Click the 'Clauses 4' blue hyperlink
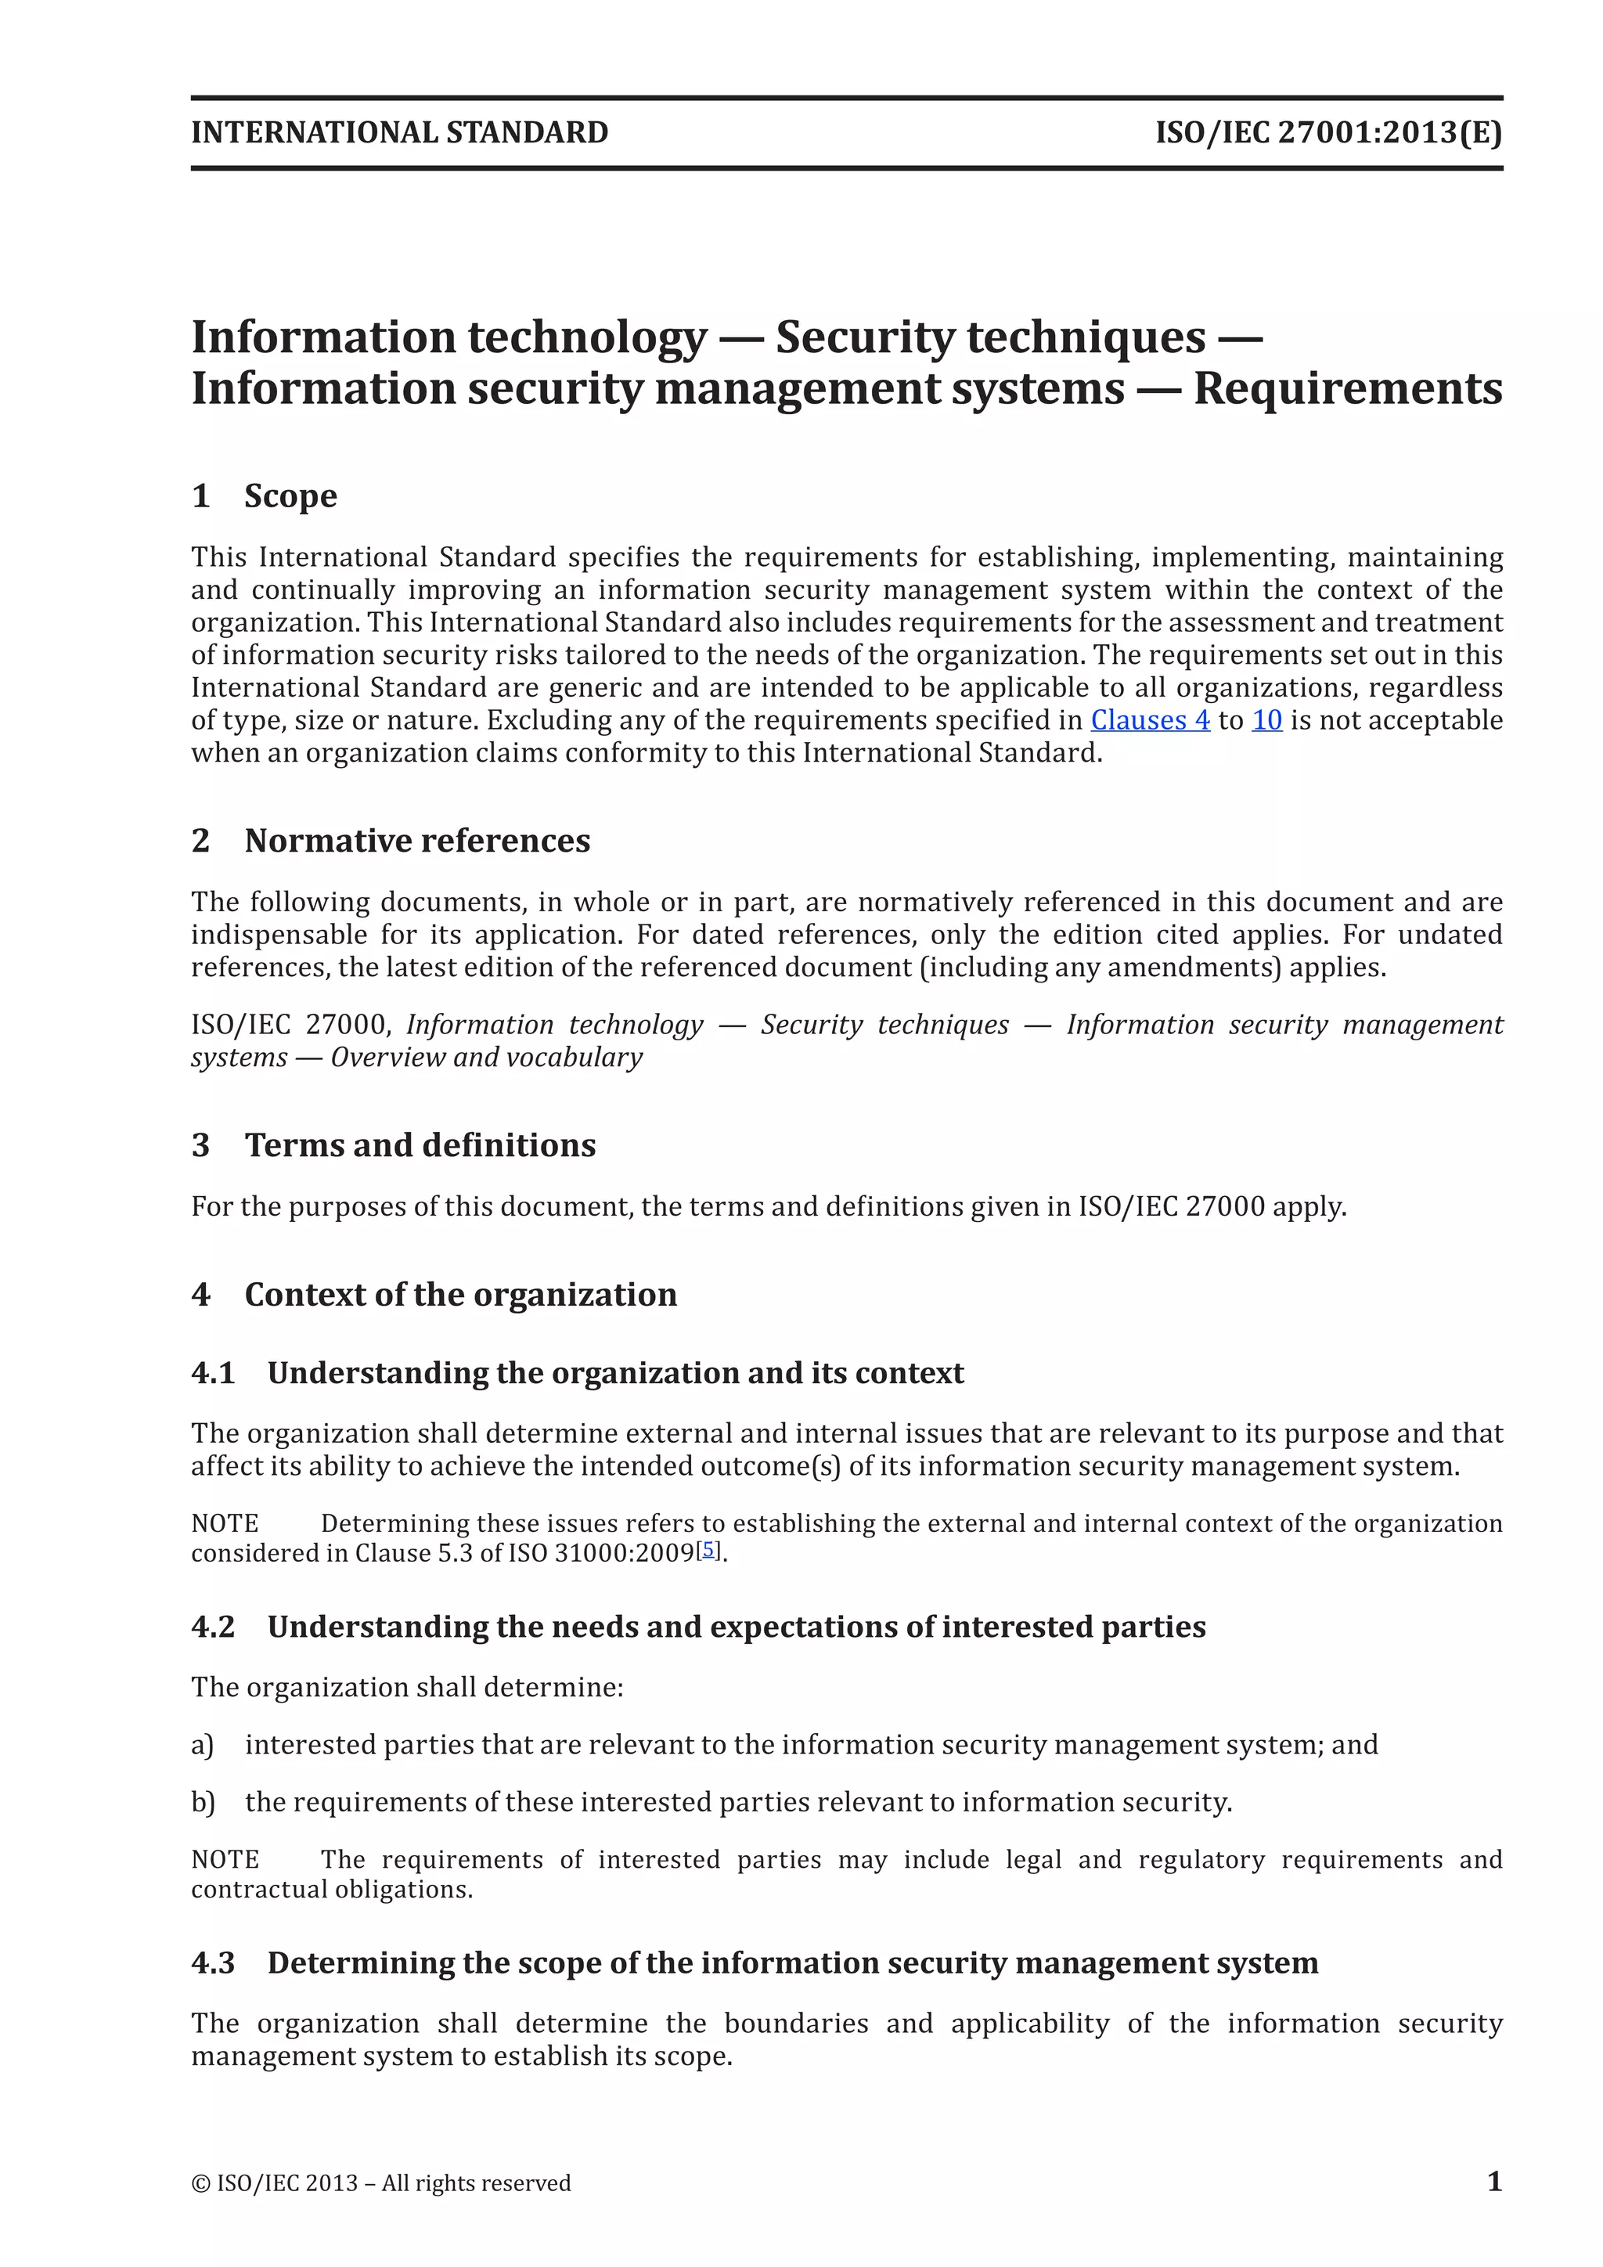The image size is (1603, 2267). tap(1150, 721)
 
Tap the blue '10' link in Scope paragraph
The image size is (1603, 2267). tap(1266, 721)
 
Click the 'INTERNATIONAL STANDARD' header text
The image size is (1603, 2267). tap(400, 132)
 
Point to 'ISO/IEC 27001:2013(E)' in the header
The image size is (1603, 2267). tap(1328, 132)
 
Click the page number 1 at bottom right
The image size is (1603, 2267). tap(1494, 2181)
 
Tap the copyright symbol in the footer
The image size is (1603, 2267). tap(200, 2183)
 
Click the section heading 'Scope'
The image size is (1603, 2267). tap(290, 496)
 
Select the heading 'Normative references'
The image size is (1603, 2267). tap(416, 840)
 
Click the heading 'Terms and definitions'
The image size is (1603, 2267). tap(420, 1145)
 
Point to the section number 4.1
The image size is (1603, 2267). tap(213, 1374)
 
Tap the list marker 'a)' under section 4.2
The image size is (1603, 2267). tap(203, 1745)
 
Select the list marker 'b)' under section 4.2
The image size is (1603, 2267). tap(203, 1802)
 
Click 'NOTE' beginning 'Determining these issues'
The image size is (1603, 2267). tap(225, 1523)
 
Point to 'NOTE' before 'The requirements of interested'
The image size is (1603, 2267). tap(225, 1859)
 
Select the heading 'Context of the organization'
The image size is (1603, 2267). tap(460, 1295)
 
